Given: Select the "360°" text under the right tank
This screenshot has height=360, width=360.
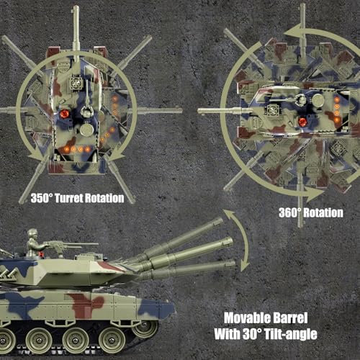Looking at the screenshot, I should tap(293, 212).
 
